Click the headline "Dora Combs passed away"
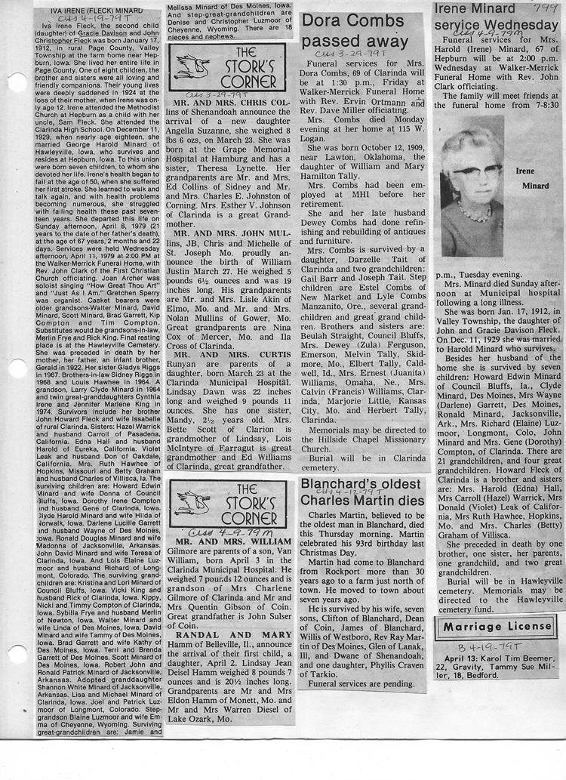point(355,31)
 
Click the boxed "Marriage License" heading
point(494,627)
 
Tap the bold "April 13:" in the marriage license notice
point(462,659)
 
